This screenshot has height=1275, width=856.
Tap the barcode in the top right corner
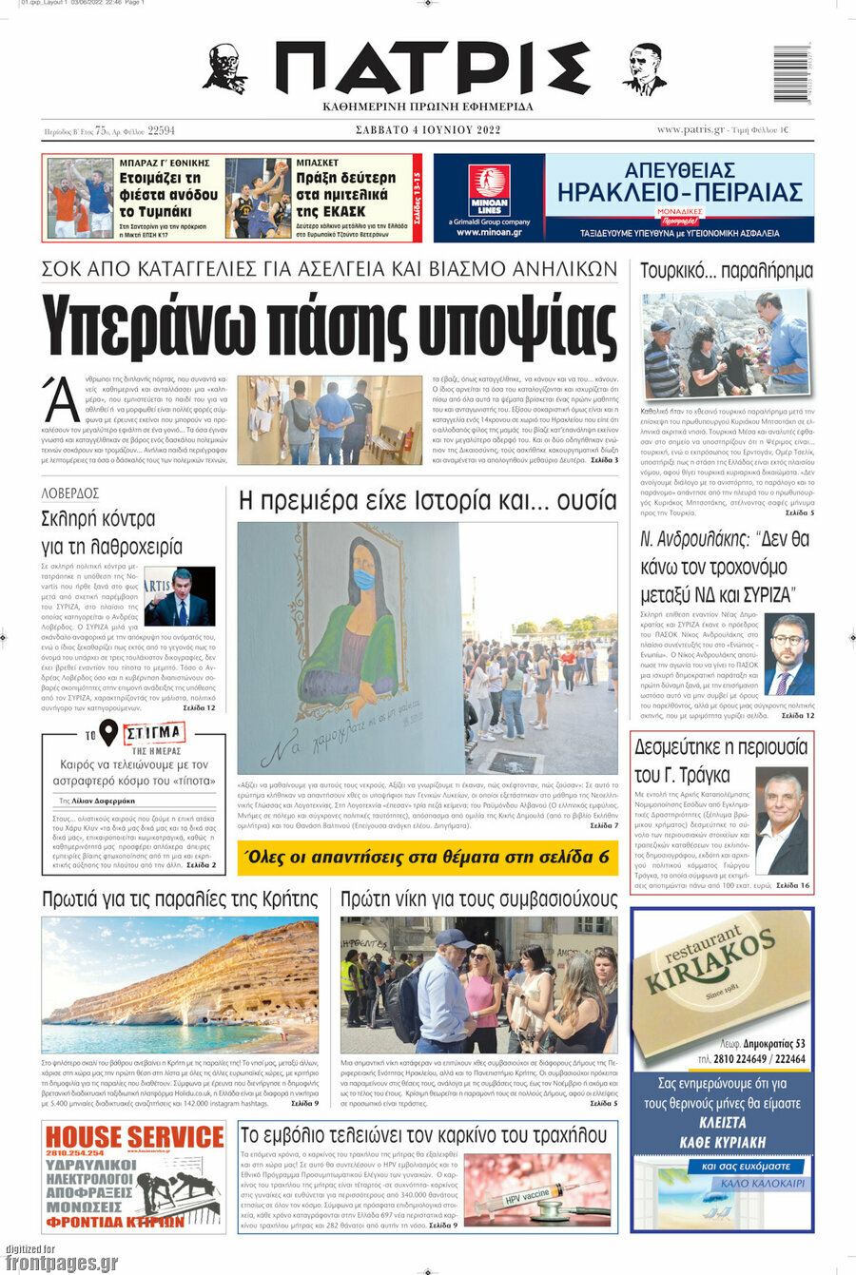[x=790, y=73]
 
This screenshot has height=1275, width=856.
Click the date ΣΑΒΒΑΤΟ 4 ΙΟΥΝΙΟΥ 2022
[x=427, y=130]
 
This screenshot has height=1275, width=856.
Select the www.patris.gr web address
[x=691, y=130]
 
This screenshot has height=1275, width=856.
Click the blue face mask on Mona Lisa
[x=363, y=578]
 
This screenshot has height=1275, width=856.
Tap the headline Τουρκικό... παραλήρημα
[x=726, y=271]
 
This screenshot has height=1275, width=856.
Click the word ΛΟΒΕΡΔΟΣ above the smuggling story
[x=70, y=493]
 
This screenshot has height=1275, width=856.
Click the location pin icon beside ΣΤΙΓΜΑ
[x=108, y=733]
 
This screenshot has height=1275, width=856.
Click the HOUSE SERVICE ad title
[x=135, y=1137]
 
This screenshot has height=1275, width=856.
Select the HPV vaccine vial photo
[x=537, y=1191]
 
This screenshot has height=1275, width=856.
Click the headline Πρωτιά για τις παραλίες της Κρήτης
[x=180, y=899]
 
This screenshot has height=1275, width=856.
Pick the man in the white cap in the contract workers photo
[x=445, y=989]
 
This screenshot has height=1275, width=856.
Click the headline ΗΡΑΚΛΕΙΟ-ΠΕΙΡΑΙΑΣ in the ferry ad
[x=679, y=193]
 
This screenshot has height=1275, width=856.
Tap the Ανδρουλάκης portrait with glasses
[x=789, y=656]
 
